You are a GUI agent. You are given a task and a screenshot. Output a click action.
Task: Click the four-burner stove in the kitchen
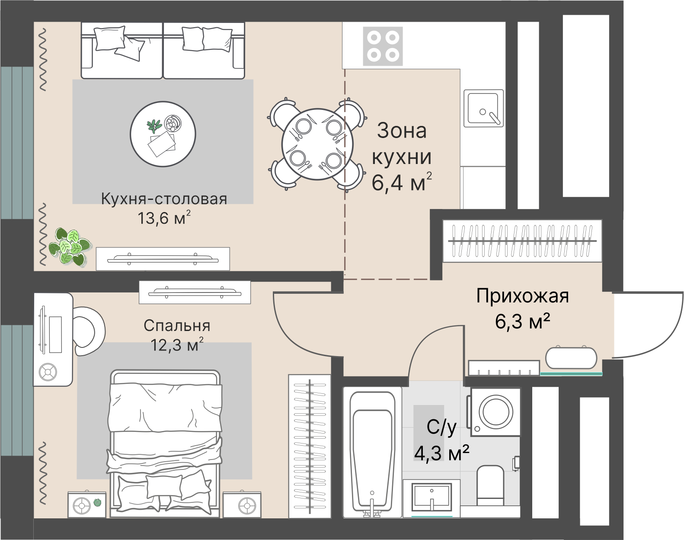coord(383,46)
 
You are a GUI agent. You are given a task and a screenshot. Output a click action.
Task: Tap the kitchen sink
coord(483,108)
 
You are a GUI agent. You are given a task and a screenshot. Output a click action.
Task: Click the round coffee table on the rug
coord(163,134)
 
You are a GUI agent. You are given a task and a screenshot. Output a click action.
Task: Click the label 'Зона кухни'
coord(402,144)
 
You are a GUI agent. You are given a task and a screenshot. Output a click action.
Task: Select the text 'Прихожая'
coord(522,296)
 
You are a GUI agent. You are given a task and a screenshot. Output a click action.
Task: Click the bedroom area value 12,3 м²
coord(177,345)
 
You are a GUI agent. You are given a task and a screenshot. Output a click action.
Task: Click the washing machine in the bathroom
coord(496,411)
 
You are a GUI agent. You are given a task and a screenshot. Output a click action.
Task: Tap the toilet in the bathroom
coord(490,485)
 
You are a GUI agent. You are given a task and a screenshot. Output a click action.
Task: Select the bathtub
coord(372,452)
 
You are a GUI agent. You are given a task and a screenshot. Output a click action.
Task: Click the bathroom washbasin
coord(431,498)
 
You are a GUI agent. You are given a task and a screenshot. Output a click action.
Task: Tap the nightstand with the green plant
coord(86,504)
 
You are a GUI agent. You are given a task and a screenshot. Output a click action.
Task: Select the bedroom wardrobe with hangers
coord(310,446)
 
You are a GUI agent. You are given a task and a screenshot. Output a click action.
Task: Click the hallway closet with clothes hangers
coord(522,241)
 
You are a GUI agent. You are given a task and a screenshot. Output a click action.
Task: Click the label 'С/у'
coord(441,427)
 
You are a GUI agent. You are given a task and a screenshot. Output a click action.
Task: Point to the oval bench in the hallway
coord(571,358)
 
